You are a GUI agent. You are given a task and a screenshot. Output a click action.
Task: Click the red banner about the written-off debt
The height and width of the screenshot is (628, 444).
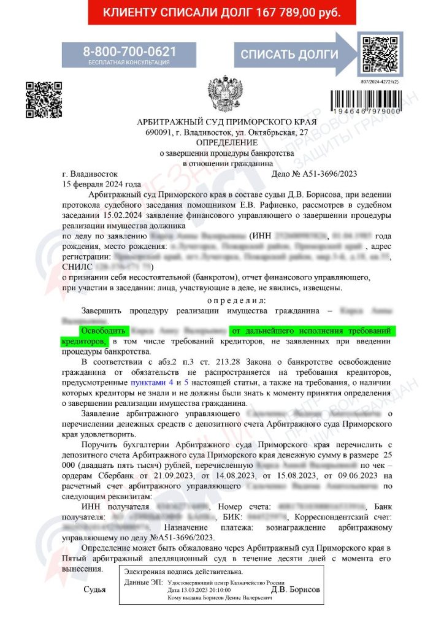221,12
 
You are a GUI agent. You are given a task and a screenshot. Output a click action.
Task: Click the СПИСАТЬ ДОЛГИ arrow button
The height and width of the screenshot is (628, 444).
289,55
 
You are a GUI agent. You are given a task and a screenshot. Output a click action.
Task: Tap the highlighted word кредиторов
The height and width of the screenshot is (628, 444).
85,340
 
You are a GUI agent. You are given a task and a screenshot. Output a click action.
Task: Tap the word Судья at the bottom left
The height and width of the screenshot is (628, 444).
94,590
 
